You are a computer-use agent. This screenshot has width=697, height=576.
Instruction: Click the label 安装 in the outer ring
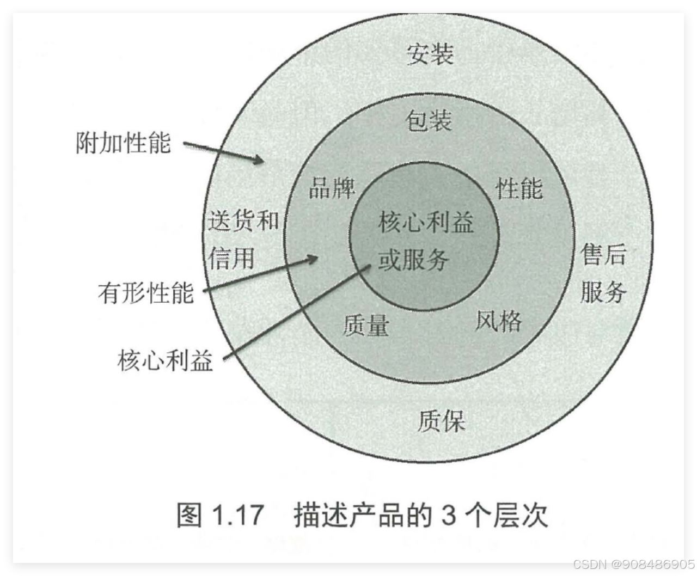pos(430,54)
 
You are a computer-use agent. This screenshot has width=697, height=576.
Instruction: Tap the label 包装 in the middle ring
pos(429,120)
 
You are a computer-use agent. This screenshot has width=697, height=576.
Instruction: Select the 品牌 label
pos(332,188)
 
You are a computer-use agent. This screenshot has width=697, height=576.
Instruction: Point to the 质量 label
pos(366,326)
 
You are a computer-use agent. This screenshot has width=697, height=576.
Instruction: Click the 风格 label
pos(498,321)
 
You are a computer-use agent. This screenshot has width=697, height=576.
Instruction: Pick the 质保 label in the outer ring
pos(441,421)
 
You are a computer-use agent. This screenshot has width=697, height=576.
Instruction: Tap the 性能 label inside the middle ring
pos(519,188)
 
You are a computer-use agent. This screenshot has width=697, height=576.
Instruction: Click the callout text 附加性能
pos(123,143)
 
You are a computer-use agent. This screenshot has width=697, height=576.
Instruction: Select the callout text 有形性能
pos(146,293)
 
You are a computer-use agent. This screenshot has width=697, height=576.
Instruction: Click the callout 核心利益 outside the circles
pos(165,360)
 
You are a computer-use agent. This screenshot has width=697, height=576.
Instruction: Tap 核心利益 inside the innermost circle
pos(426,223)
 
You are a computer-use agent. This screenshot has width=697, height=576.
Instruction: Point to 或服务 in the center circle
pos(413,260)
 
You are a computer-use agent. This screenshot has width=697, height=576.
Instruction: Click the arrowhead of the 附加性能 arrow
pos(260,160)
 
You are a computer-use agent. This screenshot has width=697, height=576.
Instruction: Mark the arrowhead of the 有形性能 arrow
pos(314,259)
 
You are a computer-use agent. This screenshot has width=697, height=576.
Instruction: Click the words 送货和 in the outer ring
pos(243,221)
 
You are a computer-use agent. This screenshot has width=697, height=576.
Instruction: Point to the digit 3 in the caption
pos(448,515)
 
